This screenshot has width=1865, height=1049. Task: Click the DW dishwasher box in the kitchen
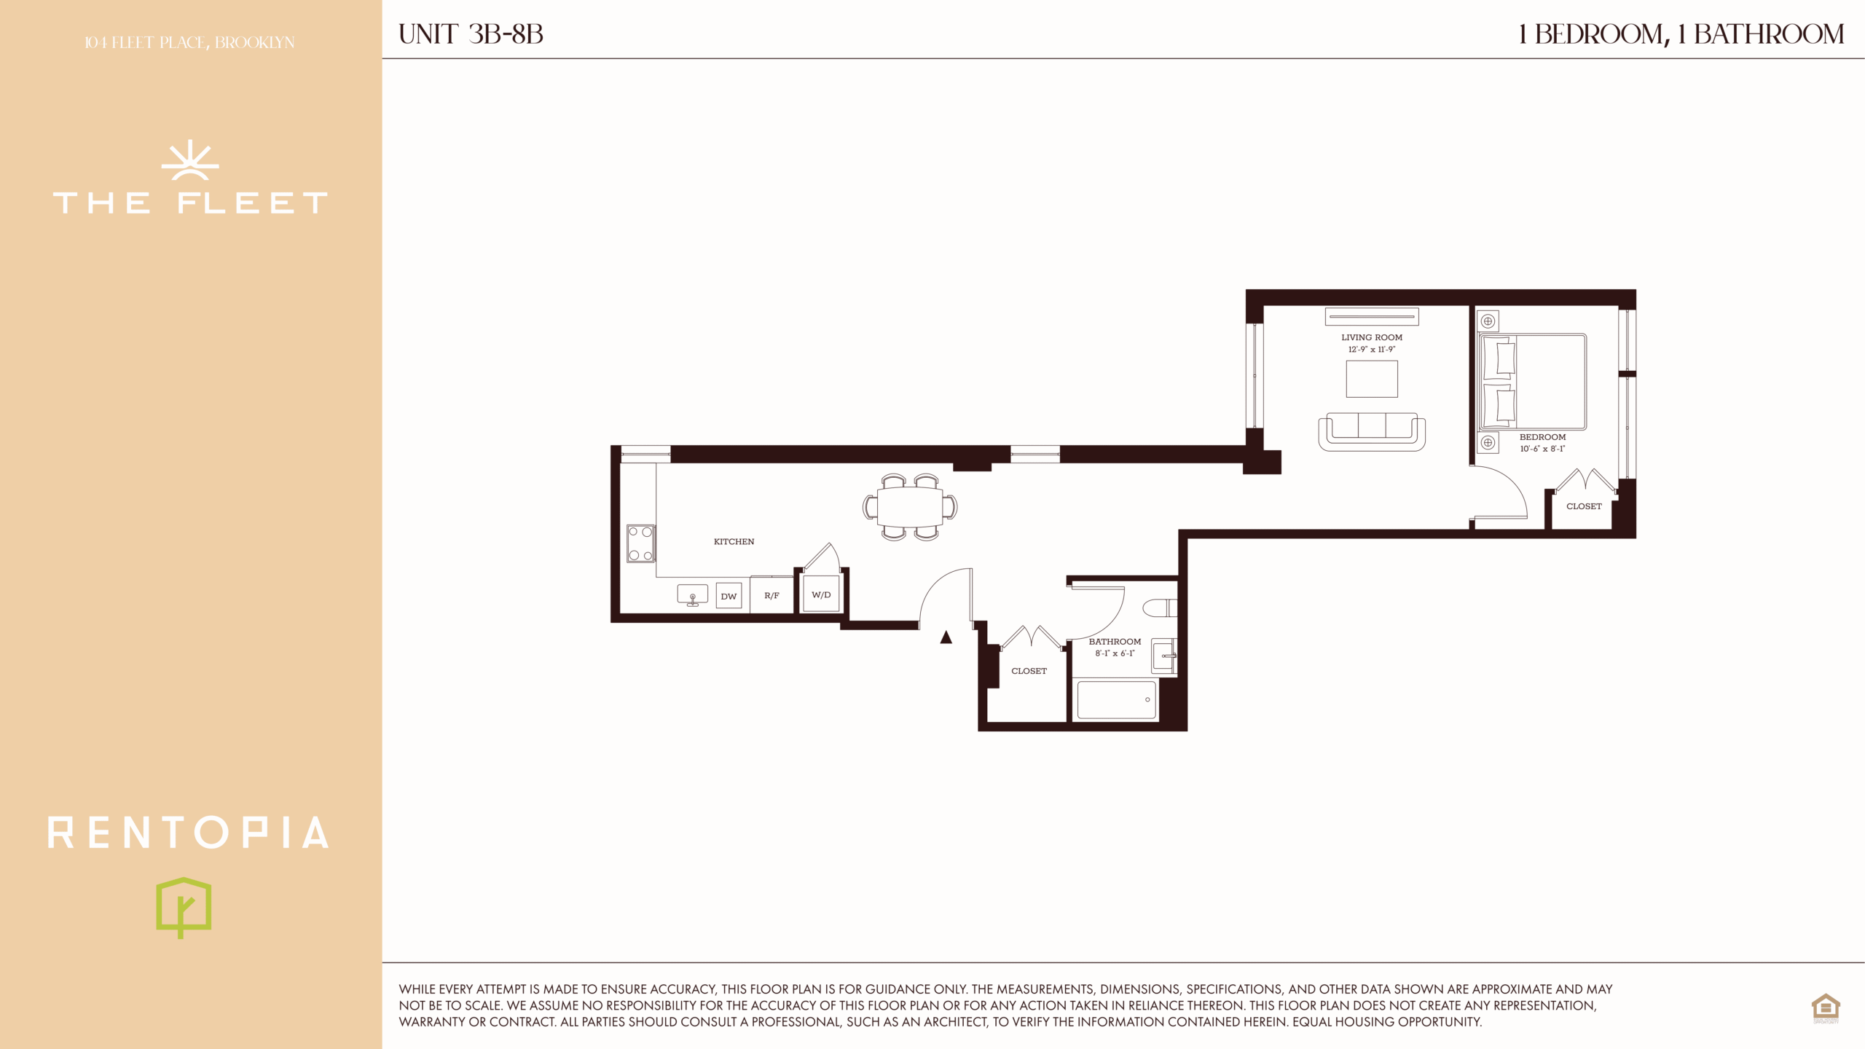729,596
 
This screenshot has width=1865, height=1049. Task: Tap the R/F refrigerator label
771,596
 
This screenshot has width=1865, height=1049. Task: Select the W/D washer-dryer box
821,594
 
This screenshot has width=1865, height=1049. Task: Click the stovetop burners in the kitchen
640,543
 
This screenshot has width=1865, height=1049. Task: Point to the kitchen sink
692,594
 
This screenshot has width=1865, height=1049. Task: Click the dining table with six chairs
910,506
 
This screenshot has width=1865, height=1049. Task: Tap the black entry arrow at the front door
946,637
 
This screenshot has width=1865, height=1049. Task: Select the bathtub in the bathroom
1117,699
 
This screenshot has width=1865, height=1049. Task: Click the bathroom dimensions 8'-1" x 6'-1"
1115,653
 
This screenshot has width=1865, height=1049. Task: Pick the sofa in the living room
1372,432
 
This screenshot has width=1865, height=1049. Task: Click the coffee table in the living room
1372,379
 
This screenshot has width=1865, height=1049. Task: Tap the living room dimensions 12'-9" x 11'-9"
1372,350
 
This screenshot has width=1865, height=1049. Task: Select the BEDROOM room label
1542,437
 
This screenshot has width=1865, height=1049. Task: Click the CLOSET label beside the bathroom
1029,671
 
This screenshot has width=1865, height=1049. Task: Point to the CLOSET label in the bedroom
1584,506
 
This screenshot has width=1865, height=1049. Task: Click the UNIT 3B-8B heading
471,34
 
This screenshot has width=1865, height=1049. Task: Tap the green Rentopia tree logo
184,908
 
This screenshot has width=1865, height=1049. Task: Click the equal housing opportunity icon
1826,1008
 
